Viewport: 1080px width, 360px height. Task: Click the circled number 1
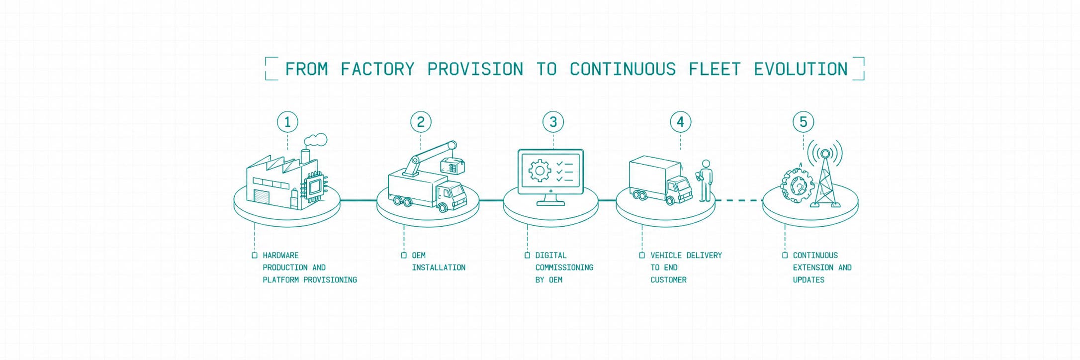[287, 122]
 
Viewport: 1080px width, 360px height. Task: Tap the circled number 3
[553, 122]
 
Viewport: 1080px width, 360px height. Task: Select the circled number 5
[803, 122]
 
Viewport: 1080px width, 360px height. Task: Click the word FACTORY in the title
[377, 69]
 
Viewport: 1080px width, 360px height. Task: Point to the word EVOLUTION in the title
[801, 69]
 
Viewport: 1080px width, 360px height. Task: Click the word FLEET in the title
[715, 69]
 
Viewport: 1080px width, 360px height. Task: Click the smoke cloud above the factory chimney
[315, 140]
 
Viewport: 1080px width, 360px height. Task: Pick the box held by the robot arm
[452, 166]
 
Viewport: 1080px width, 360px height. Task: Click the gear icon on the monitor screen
[540, 171]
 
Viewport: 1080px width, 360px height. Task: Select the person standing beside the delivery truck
[705, 181]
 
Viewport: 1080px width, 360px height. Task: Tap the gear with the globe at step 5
[797, 185]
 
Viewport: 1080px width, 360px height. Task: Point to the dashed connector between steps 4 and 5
[739, 200]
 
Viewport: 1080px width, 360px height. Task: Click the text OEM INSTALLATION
[439, 262]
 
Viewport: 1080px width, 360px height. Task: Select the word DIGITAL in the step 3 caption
[550, 256]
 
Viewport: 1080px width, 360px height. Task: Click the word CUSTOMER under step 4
[668, 280]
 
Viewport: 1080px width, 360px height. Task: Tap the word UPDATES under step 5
[809, 280]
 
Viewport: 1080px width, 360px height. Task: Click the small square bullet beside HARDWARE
[255, 256]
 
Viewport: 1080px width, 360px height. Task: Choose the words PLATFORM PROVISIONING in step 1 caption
[310, 280]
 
